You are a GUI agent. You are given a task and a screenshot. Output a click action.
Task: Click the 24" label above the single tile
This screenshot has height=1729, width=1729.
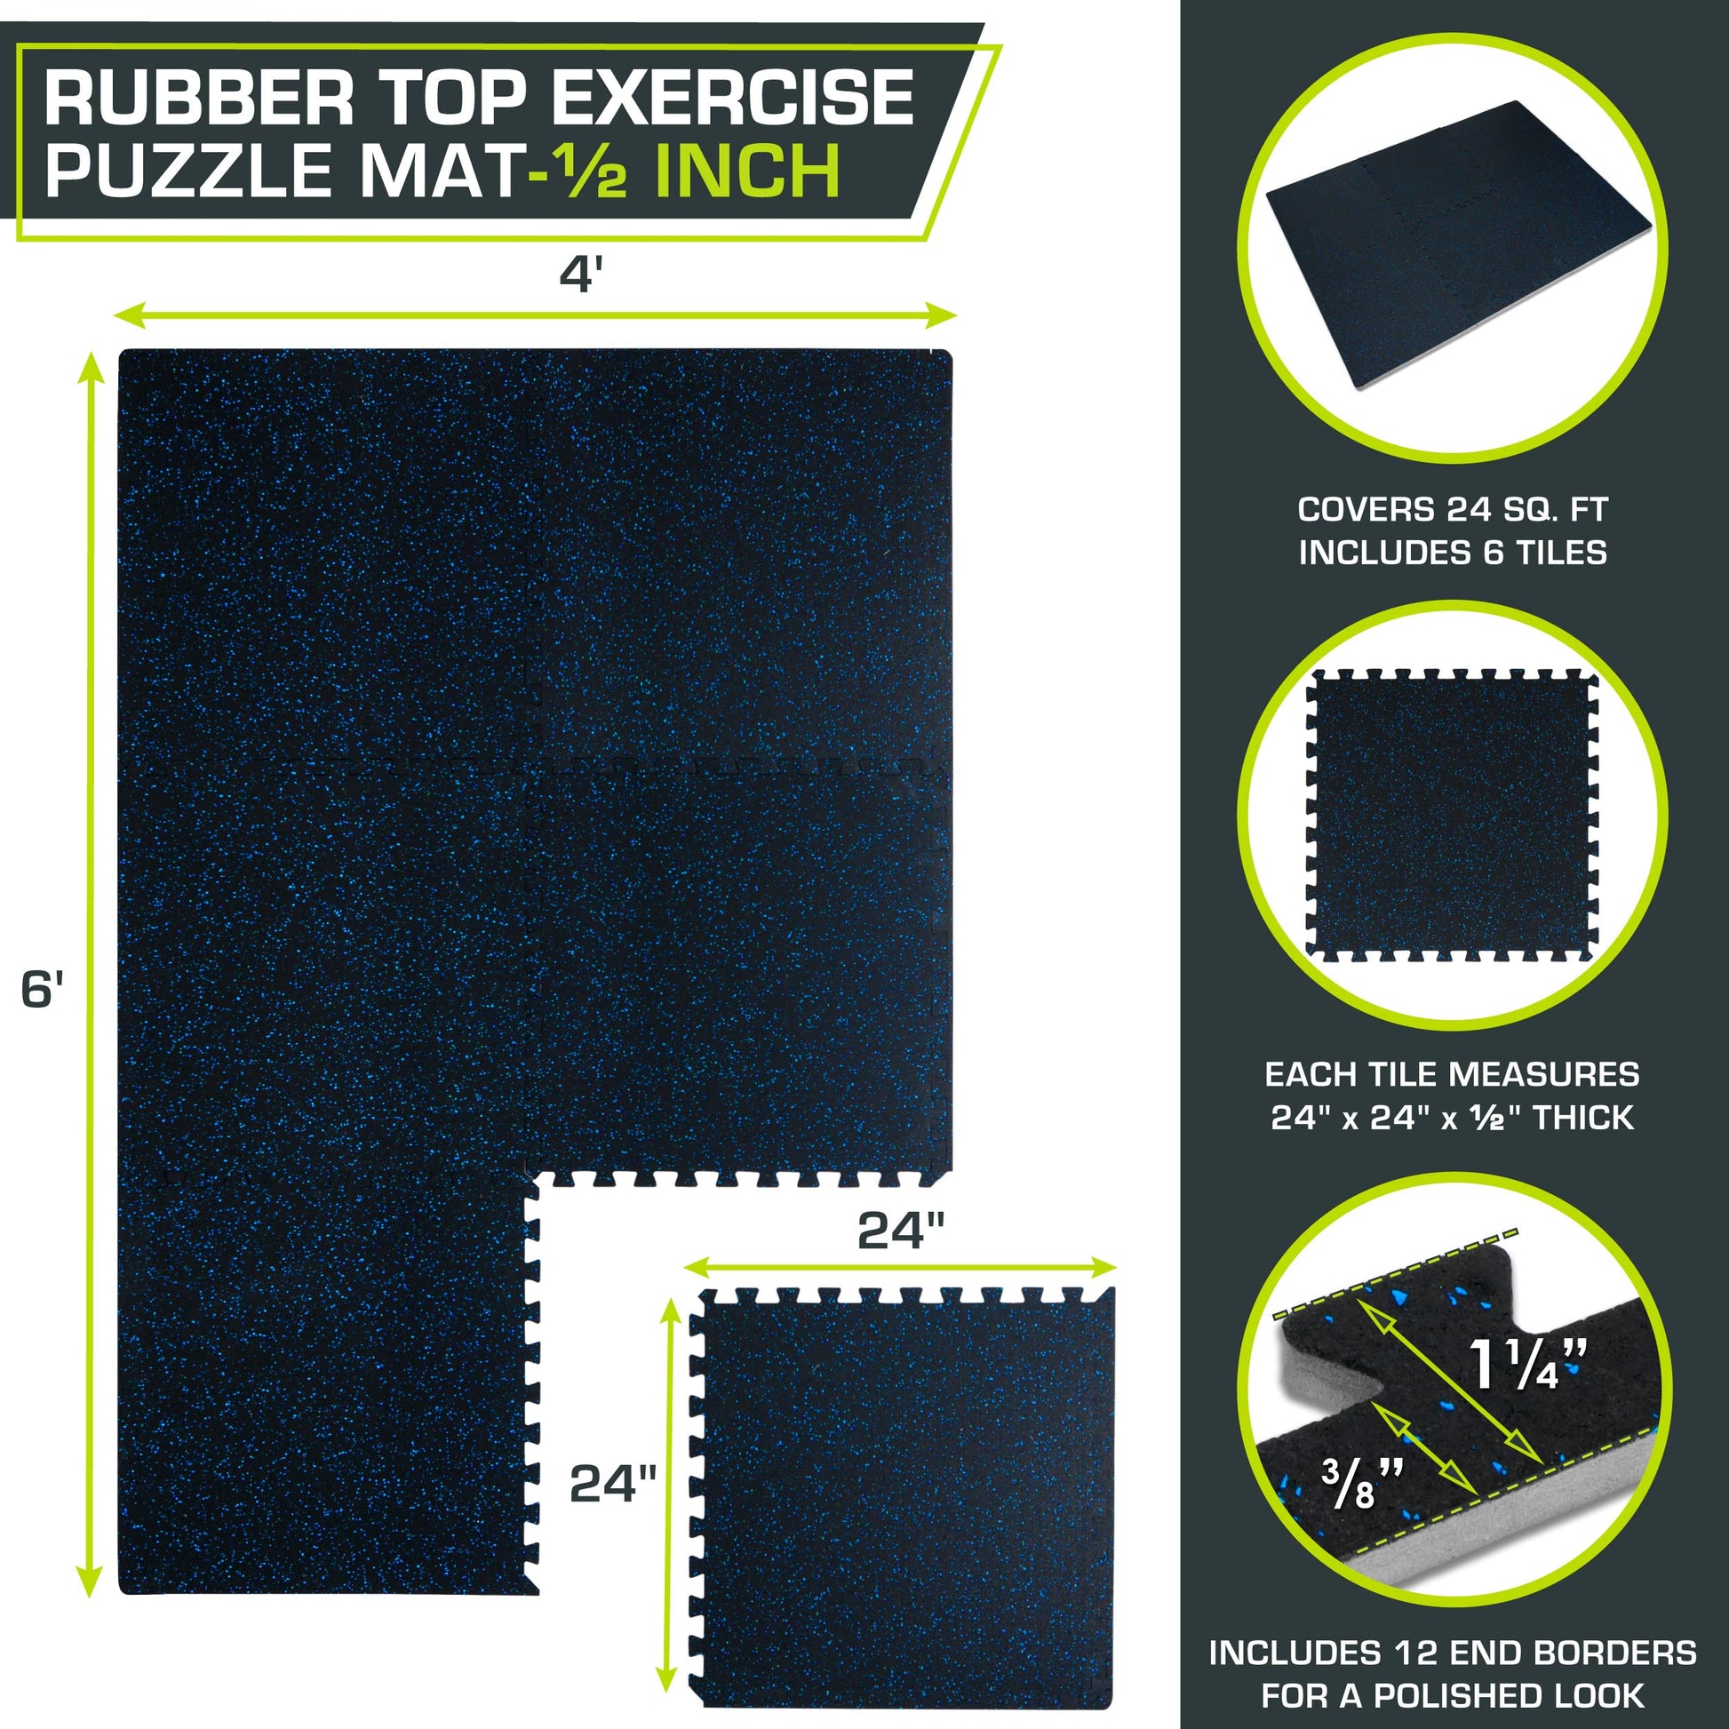pos(900,1231)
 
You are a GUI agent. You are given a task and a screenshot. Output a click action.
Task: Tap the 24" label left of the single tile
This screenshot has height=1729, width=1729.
pos(613,1483)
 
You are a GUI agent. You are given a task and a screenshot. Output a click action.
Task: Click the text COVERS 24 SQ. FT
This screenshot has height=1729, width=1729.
pos(1453,509)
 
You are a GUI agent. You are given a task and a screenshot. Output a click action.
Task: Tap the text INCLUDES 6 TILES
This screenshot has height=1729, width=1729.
pos(1453,552)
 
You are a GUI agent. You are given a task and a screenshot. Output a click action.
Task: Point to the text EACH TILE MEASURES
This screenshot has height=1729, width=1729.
pos(1453,1074)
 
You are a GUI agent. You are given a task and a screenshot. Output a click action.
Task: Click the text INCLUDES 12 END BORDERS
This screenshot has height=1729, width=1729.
pos(1453,1653)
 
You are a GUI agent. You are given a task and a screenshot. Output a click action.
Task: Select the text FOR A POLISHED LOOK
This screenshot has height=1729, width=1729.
pos(1453,1695)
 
